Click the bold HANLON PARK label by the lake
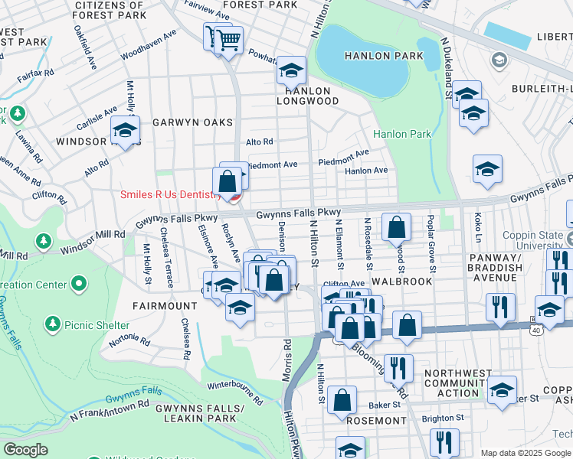373,56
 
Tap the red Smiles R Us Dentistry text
170,194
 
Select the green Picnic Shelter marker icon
52,324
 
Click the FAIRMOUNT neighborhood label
165,305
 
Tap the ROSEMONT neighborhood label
375,421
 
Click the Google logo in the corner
25,450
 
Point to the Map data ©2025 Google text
526,453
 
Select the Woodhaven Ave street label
149,45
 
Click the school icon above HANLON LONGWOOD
291,71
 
